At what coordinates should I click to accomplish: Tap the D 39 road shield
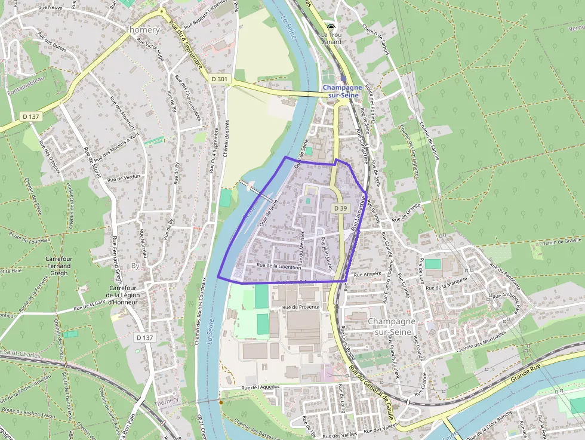click(x=340, y=208)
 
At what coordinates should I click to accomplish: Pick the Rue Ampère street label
click(x=367, y=274)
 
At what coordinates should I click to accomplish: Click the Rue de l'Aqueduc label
click(x=260, y=387)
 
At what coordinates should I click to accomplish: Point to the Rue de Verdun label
click(x=124, y=177)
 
